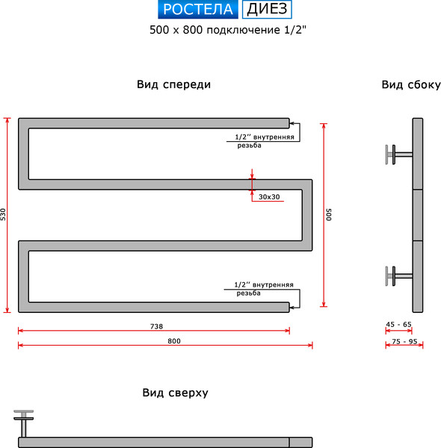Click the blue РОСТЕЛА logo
(197, 9)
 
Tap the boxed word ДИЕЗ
(267, 9)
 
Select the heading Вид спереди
(173, 84)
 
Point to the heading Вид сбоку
(411, 85)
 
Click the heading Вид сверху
(176, 393)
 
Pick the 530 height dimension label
(3, 214)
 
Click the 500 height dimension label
(329, 214)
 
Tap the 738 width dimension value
(156, 326)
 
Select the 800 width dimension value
(174, 341)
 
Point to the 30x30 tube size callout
(269, 197)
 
